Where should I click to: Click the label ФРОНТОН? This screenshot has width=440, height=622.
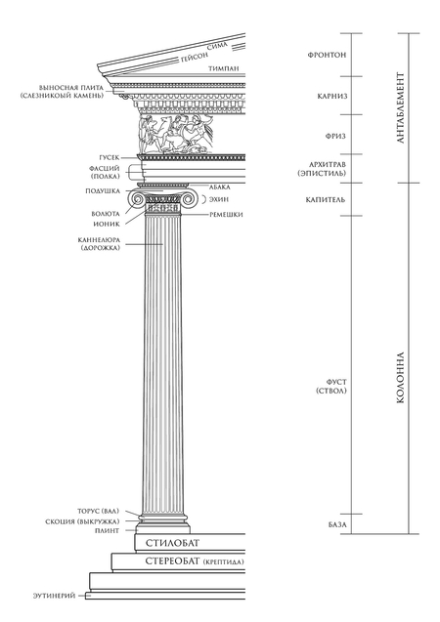(327, 55)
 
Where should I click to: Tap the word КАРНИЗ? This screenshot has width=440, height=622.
(332, 96)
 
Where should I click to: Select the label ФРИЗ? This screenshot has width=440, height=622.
(335, 136)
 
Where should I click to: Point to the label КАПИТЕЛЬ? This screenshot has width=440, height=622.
(326, 199)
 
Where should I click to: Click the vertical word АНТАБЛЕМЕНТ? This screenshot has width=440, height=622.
(400, 107)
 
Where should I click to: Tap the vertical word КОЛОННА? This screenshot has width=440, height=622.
(400, 378)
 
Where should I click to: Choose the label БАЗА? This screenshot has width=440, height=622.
(337, 524)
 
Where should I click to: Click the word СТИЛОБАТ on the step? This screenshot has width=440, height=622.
(173, 543)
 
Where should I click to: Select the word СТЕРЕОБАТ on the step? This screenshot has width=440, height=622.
(173, 561)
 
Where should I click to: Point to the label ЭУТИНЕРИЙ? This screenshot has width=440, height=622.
(54, 596)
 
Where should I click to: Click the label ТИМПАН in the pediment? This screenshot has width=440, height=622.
(224, 68)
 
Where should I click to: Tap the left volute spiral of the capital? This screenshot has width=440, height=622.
(138, 200)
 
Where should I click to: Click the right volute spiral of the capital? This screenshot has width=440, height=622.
(189, 200)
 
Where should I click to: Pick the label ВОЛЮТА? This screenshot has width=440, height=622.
(106, 214)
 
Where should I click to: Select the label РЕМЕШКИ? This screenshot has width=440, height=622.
(226, 215)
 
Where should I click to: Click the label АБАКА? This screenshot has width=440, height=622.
(220, 187)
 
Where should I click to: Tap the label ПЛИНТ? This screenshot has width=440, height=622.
(107, 531)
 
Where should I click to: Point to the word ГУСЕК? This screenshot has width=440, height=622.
(110, 158)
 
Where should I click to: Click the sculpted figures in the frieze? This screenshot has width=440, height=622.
(176, 134)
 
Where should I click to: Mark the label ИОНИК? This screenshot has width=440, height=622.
(107, 224)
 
